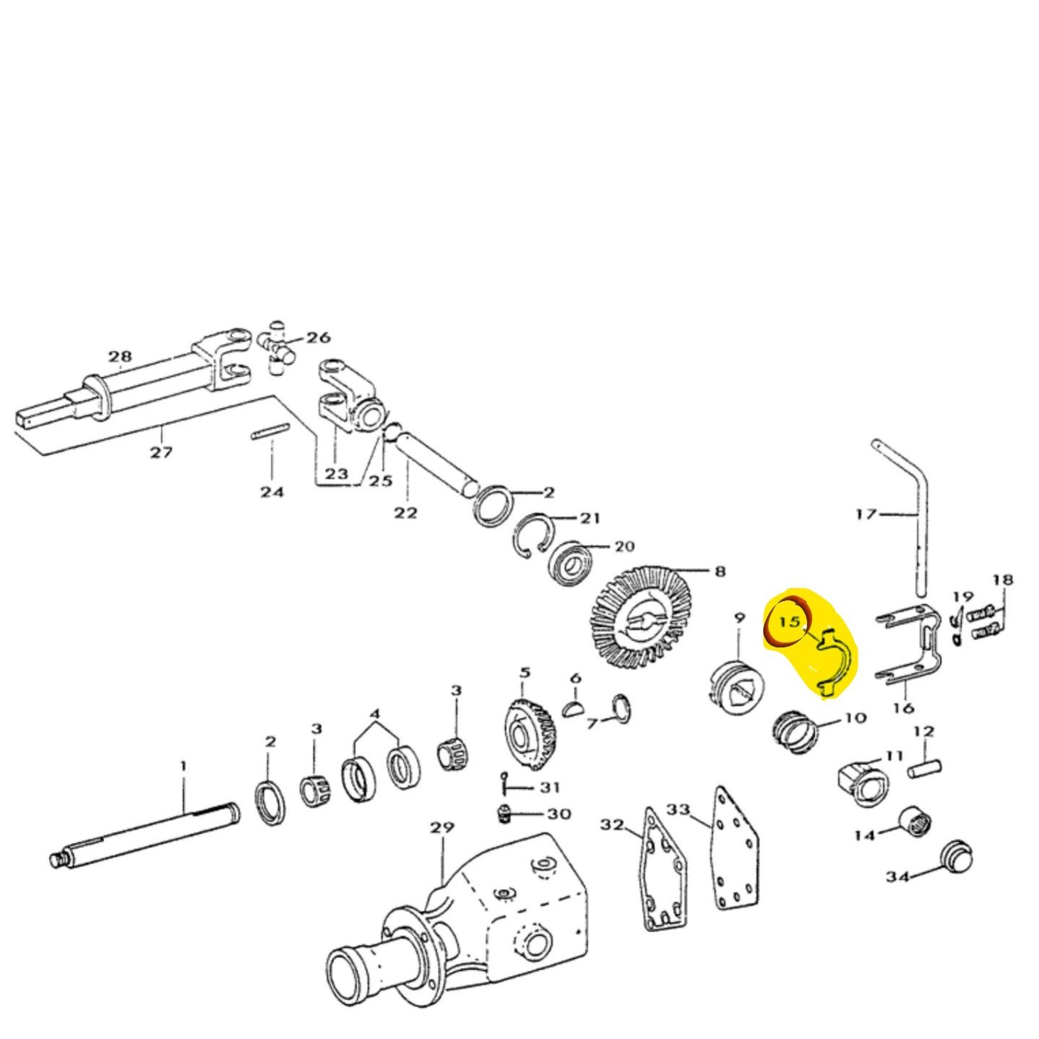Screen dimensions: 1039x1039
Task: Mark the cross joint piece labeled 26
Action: click(x=277, y=347)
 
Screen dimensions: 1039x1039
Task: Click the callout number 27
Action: click(x=161, y=452)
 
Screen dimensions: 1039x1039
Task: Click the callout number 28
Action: click(x=121, y=356)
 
